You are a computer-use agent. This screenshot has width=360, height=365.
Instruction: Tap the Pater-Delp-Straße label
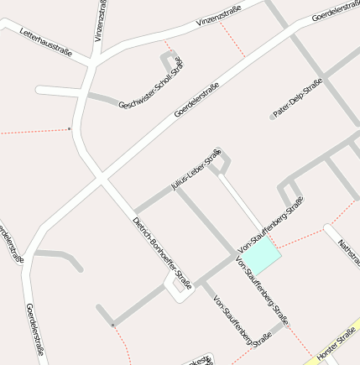(x=298, y=98)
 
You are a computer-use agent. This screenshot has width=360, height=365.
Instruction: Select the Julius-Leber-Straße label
(x=196, y=169)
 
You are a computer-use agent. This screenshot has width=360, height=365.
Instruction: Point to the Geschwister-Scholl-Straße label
(x=151, y=83)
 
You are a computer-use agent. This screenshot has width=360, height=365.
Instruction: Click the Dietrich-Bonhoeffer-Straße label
(x=162, y=251)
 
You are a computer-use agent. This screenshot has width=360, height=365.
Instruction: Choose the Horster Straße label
(x=337, y=347)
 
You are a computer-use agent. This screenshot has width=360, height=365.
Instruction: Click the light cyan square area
(x=263, y=255)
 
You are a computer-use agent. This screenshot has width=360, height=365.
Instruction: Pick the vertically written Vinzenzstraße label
(x=101, y=21)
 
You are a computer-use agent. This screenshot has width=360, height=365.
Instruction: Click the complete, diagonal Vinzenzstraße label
(x=218, y=16)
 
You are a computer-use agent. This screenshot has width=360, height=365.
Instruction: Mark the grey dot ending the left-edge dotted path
(x=69, y=129)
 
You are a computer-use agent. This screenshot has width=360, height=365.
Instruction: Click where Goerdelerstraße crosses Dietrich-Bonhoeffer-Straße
(x=102, y=178)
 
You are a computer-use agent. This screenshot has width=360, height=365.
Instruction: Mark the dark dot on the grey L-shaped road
(x=112, y=324)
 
